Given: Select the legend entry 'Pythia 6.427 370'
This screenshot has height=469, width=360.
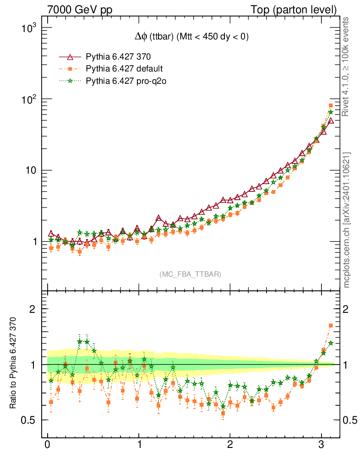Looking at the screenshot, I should click(x=118, y=57).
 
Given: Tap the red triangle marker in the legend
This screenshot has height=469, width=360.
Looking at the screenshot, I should click(x=70, y=57).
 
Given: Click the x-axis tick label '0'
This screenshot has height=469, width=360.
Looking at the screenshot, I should click(x=48, y=445).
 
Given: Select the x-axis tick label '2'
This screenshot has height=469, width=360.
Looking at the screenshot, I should click(x=230, y=445).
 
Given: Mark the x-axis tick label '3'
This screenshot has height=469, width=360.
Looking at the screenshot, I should click(x=321, y=445).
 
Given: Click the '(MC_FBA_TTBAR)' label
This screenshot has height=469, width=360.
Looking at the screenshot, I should click(x=190, y=274).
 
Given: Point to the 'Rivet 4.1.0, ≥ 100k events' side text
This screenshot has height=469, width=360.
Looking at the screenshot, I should click(x=346, y=66).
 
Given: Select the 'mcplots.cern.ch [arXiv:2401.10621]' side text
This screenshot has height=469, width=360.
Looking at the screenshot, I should click(x=346, y=220).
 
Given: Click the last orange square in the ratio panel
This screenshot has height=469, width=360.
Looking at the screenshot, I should click(x=331, y=326).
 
